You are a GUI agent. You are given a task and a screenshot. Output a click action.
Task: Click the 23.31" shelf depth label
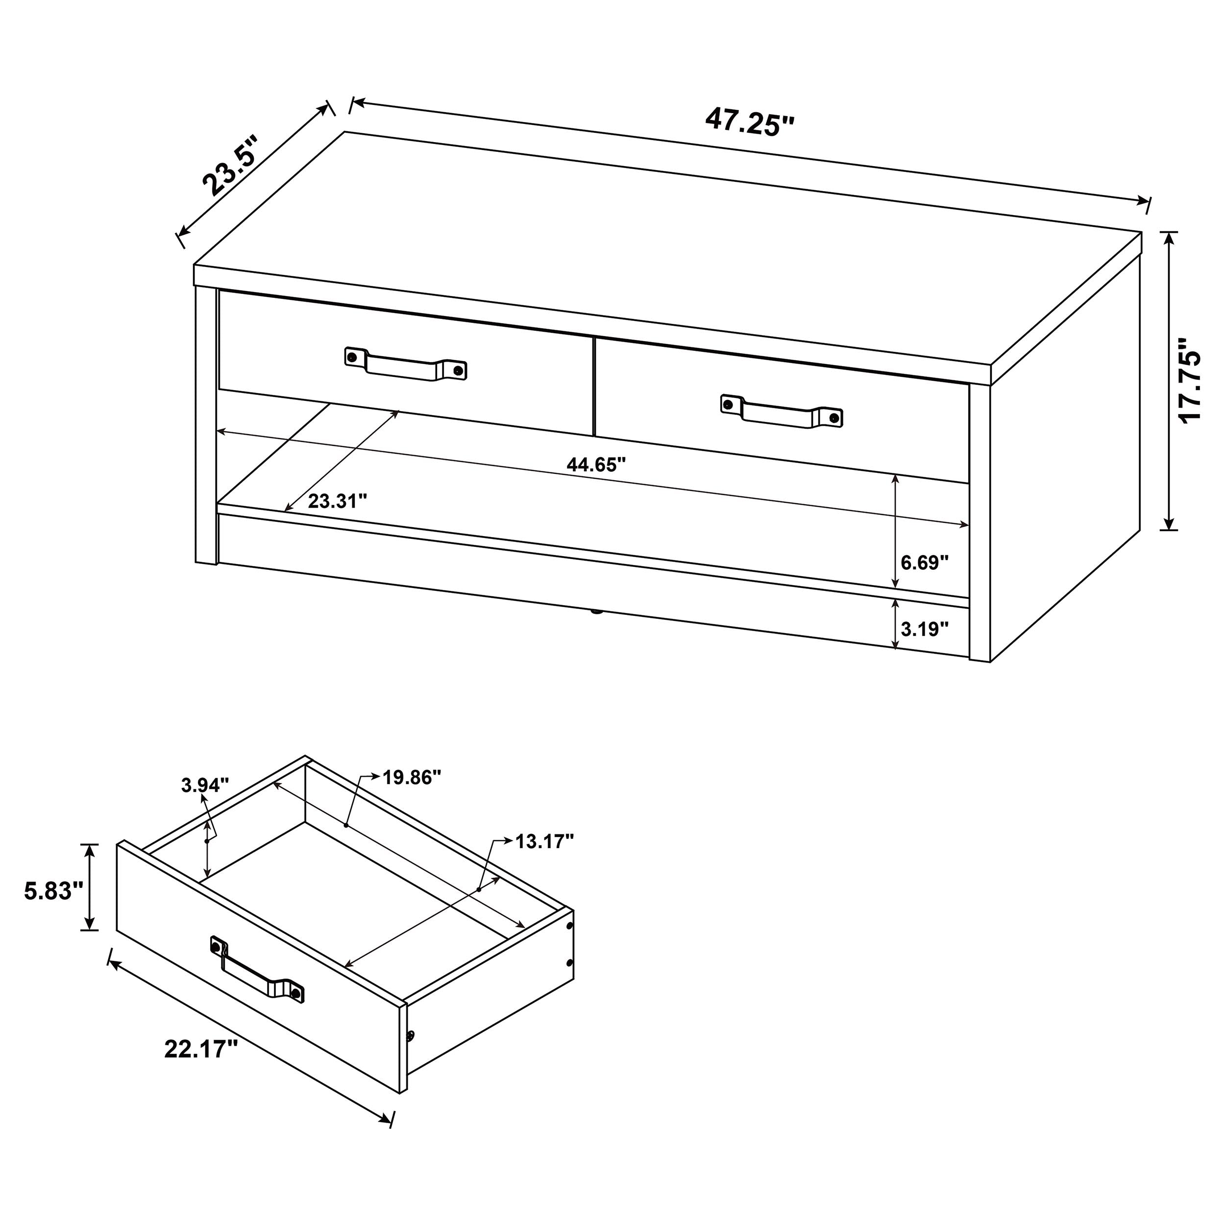point(337,502)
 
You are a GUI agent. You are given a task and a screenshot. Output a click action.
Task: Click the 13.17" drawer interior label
point(544,841)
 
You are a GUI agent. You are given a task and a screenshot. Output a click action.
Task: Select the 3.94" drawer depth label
point(204,785)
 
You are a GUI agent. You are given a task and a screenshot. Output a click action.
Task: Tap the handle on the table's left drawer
point(406,365)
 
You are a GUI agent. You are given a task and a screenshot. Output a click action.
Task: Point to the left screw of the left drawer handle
point(352,357)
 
